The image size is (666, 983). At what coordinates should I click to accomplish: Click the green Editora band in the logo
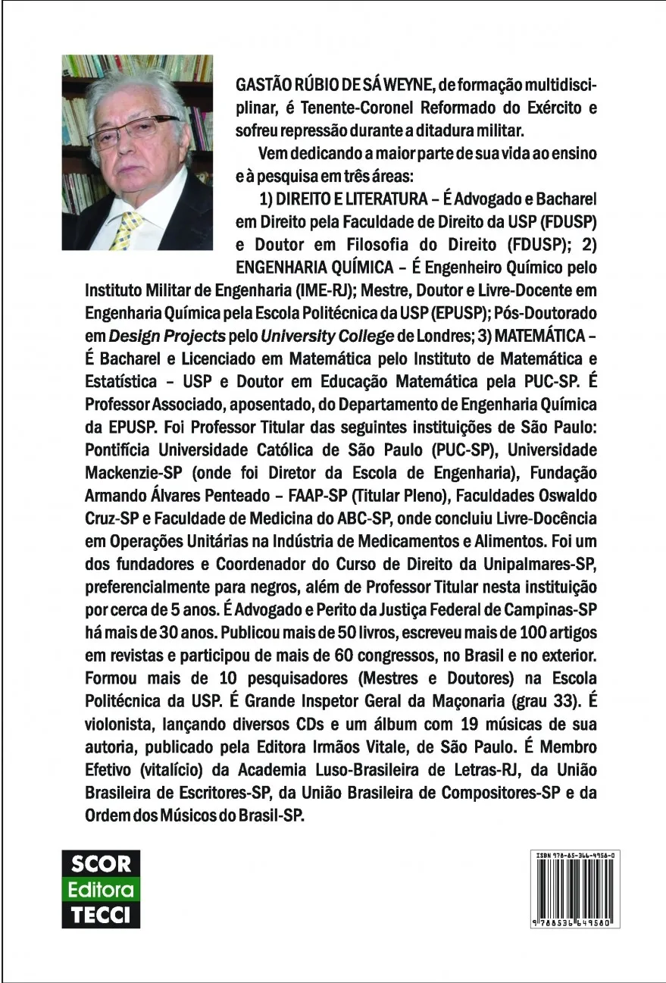point(100,889)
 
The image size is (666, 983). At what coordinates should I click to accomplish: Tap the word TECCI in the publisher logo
point(100,913)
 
